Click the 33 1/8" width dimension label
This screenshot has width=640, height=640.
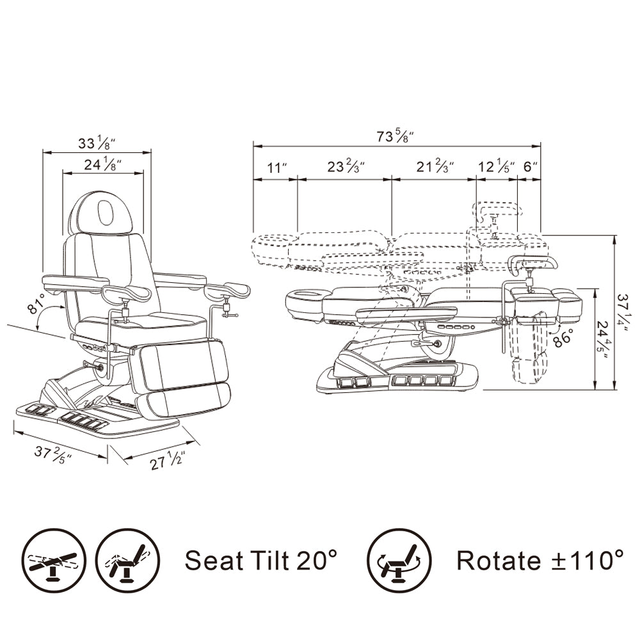[x=97, y=143]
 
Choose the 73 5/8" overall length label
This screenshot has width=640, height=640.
[x=395, y=136]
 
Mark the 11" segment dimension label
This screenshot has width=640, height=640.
[x=276, y=167]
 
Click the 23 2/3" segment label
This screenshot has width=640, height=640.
[x=346, y=166]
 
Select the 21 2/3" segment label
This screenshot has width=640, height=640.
[x=435, y=166]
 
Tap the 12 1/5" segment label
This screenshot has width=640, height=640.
[x=496, y=166]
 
